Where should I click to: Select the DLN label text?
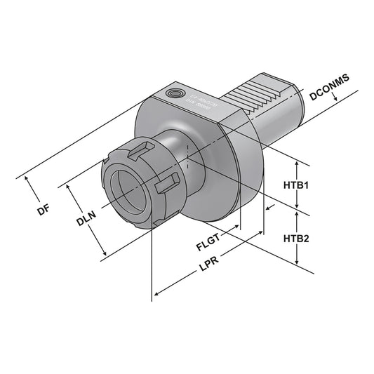pyautogui.click(x=86, y=221)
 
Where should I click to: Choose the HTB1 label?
pyautogui.click(x=297, y=186)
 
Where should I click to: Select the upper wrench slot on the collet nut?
pyautogui.click(x=140, y=149)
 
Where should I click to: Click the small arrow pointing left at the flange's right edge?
pyautogui.click(x=269, y=207)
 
